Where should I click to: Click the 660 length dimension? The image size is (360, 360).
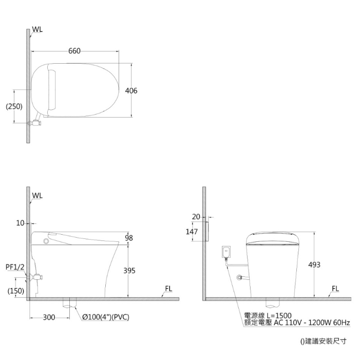coord(74,51)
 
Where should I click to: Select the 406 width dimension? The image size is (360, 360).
coord(131,91)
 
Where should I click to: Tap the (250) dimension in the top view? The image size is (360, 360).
coord(14,106)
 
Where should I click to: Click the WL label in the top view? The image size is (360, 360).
coord(37,30)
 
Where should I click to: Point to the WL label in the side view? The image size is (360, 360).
coord(37,196)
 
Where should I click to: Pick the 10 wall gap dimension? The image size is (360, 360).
coord(20,223)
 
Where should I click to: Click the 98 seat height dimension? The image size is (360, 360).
coord(128,238)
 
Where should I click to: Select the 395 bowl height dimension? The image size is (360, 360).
coord(129,271)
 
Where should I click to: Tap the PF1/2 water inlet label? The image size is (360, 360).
coord(15,267)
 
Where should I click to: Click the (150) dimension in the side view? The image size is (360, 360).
coord(15,291)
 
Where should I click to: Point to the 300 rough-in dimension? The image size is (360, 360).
coord(49,317)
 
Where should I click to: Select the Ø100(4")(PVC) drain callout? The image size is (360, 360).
coord(105,317)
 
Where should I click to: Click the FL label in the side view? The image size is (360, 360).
coord(168,289)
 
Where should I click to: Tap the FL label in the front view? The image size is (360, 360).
coord(335,289)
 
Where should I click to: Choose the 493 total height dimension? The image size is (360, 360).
coord(314,265)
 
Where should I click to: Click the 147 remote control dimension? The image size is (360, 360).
coord(191,232)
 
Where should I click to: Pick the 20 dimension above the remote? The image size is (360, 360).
coord(196,217)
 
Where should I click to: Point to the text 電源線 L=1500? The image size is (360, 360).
coord(268,315)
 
